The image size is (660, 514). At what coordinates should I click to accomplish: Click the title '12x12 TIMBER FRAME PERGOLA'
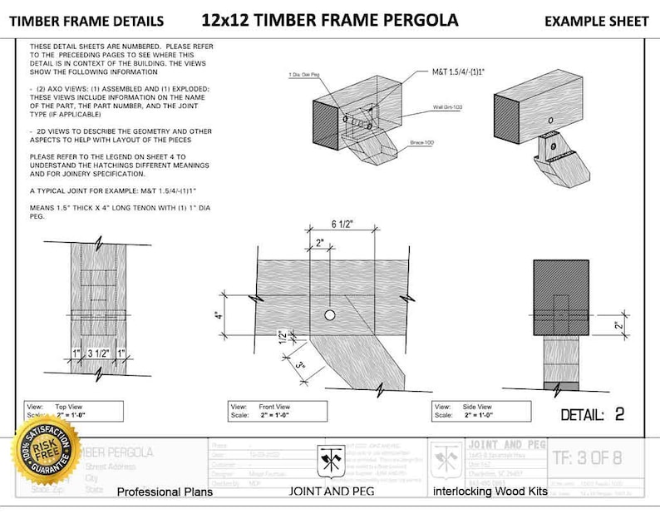(x=329, y=19)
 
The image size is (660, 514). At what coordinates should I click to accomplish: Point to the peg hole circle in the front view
(x=330, y=315)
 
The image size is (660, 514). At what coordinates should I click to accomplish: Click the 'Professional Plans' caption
(x=165, y=492)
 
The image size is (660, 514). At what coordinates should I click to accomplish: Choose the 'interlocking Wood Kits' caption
(x=490, y=492)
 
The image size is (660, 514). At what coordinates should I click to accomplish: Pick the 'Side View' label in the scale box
(x=483, y=406)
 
